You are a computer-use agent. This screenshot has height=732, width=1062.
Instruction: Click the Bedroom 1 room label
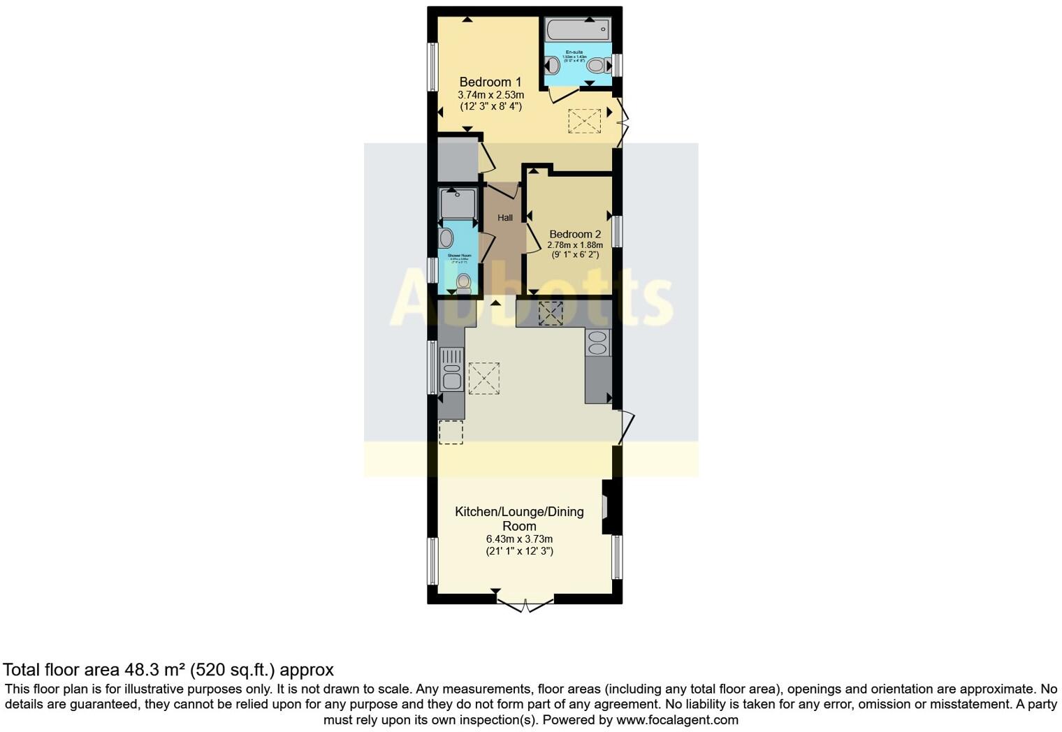pos(490,82)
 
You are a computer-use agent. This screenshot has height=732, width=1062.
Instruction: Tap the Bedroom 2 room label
pos(574,235)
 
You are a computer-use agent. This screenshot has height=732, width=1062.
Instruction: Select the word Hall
pos(504,218)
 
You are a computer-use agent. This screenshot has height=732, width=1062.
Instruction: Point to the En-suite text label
pos(574,52)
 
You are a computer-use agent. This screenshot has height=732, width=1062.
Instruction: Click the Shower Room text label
pos(459,256)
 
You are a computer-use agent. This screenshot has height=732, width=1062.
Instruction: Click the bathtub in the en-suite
pos(578,30)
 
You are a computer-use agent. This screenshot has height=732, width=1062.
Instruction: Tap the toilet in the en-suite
pos(595,66)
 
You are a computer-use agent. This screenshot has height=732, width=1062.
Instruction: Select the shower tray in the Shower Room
pos(458,203)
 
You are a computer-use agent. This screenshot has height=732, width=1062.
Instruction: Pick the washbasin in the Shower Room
pos(446,237)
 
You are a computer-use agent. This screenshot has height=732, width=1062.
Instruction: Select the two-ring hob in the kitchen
pos(597,343)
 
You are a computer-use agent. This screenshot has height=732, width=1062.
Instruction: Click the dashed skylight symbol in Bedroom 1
pos(584,121)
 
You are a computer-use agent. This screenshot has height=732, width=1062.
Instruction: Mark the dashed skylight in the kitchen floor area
pos(483,379)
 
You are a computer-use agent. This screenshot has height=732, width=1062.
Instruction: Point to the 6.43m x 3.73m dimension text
pos(519,539)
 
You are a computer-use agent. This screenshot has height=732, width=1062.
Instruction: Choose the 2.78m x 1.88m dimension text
pos(574,245)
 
